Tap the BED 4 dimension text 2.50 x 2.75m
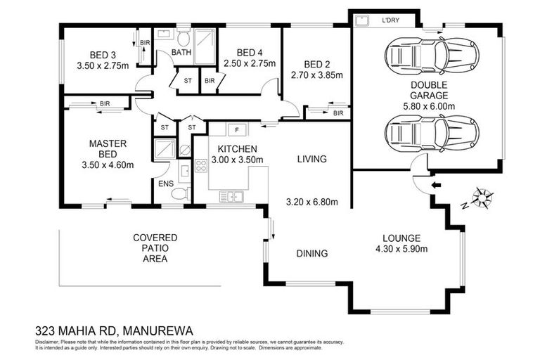pos(250,63)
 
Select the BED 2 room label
pos(316,64)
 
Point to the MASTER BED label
pos(108,149)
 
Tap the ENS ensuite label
pos(166,184)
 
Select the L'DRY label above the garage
pos(390,20)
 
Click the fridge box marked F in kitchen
pos(237,130)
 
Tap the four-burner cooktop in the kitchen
pos(200,166)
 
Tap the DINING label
pos(311,254)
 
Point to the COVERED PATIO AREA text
pos(155,248)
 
